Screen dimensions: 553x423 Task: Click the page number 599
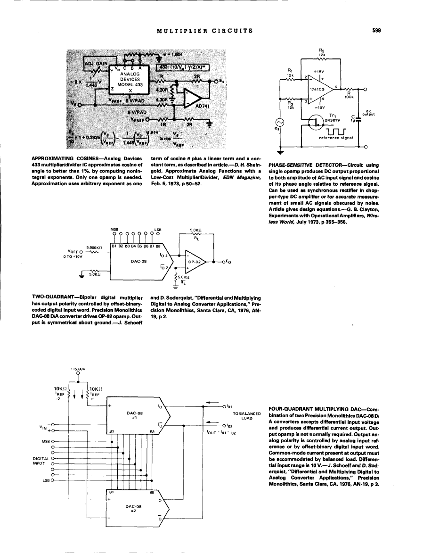376,31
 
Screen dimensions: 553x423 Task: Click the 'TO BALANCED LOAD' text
247,416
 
